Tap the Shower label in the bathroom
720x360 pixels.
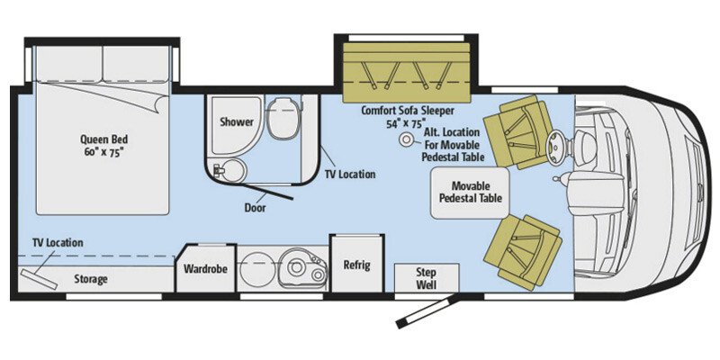coord(237,121)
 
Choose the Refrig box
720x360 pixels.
coord(356,265)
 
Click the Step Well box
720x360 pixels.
coord(427,278)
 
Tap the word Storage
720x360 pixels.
coord(90,279)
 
